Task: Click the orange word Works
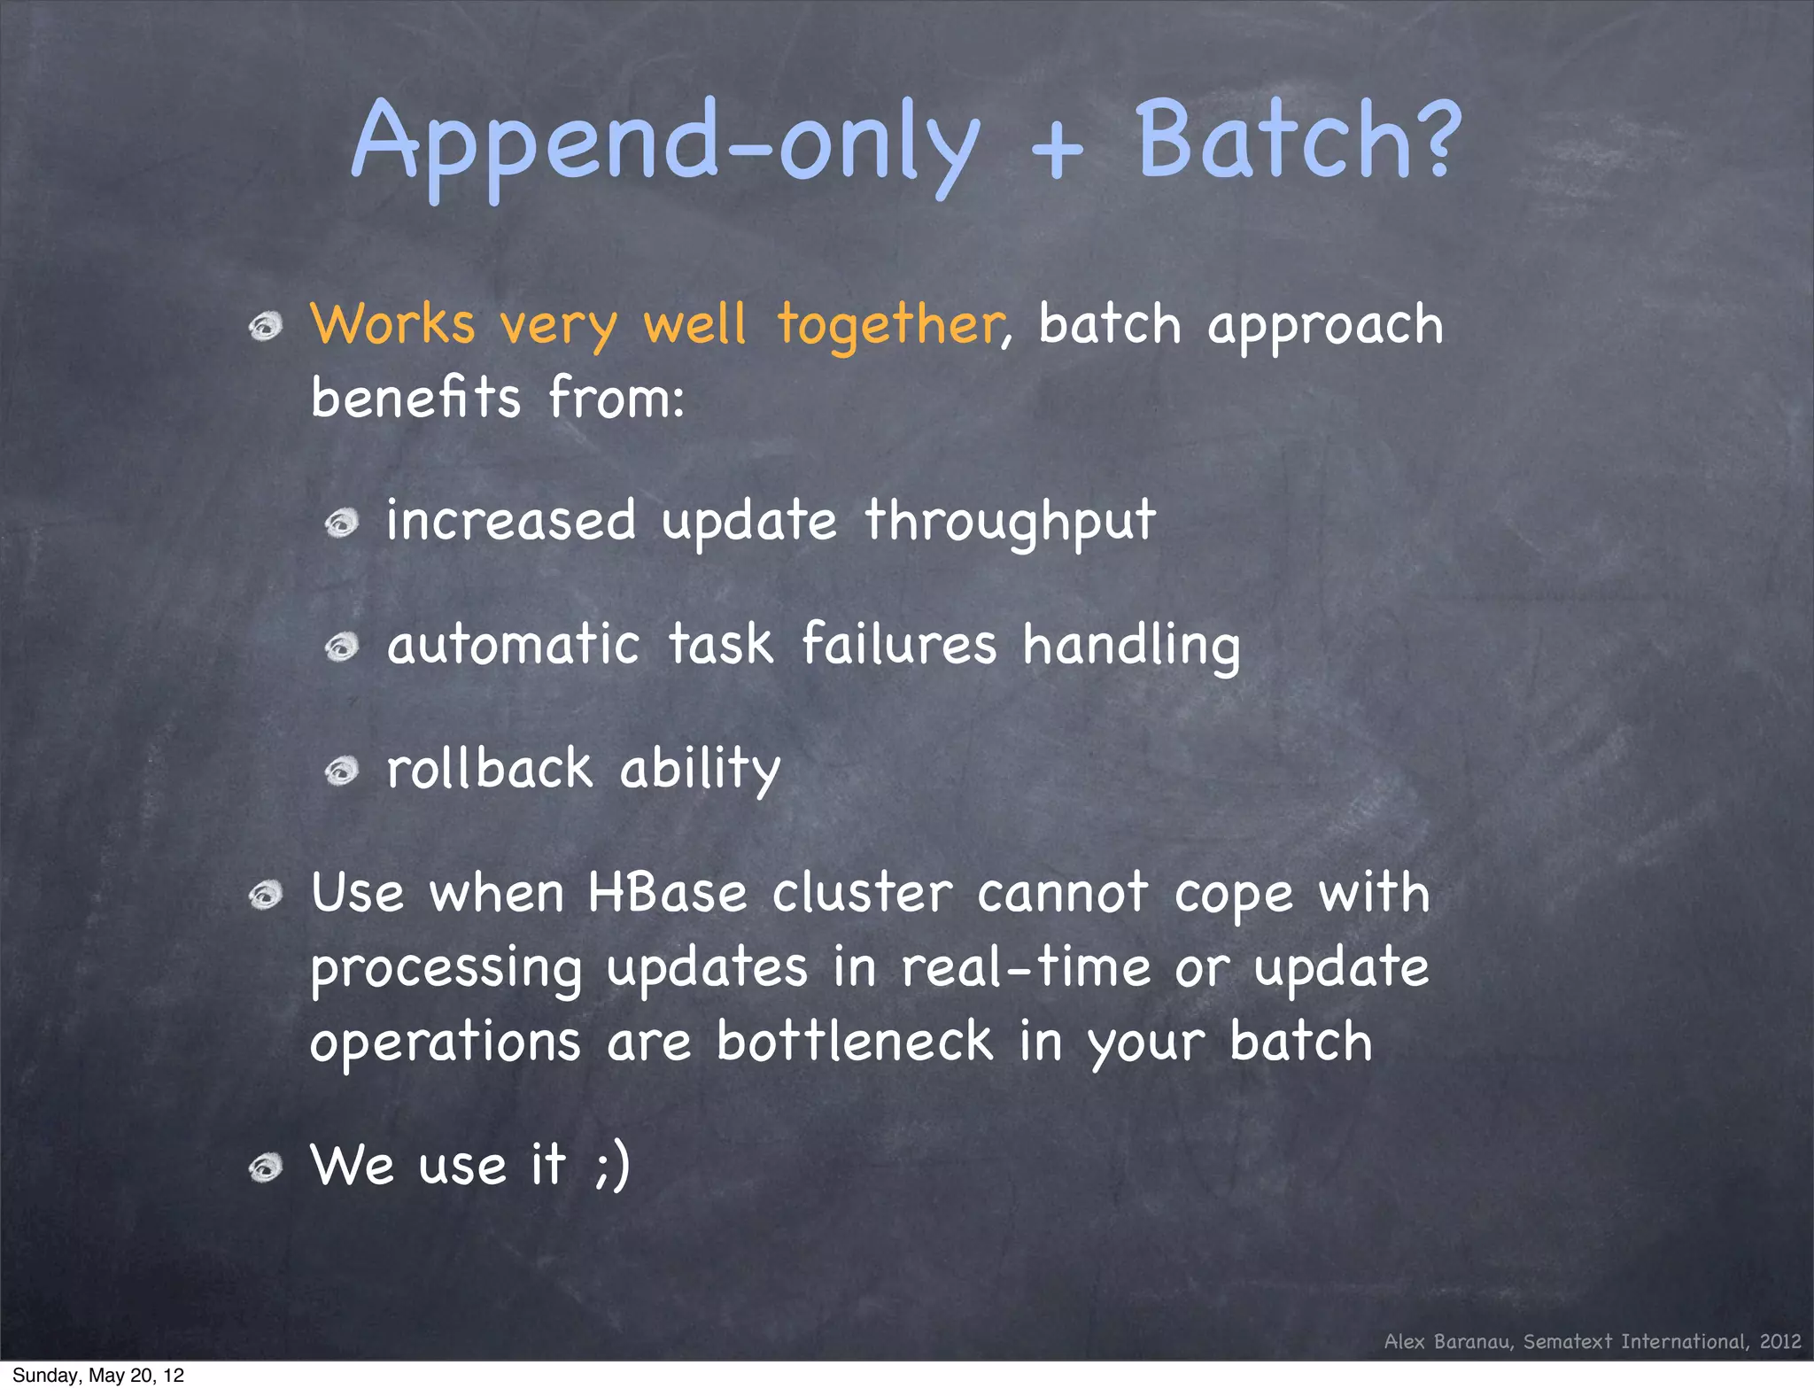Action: click(x=392, y=324)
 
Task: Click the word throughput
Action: click(x=1010, y=521)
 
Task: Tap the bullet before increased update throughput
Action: click(x=341, y=523)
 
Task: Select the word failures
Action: click(x=899, y=644)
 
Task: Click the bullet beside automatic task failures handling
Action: click(x=341, y=648)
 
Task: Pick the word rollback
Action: click(x=490, y=768)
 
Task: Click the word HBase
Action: click(x=667, y=893)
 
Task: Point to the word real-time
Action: click(x=1026, y=966)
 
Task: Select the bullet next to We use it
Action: click(x=265, y=1168)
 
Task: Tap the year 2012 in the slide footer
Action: click(x=1780, y=1342)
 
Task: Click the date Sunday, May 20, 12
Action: click(x=98, y=1376)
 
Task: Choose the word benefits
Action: click(x=415, y=398)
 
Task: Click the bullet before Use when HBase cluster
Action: click(x=265, y=896)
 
